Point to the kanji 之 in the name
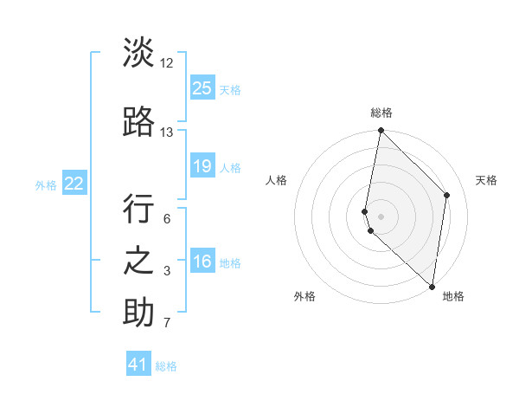point(138,261)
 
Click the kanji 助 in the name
point(138,313)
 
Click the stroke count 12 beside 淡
point(167,62)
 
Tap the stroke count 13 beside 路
point(167,132)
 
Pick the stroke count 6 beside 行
point(167,219)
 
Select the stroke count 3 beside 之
point(167,271)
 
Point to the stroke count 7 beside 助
point(167,324)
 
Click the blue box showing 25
point(202,88)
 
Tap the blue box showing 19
point(202,166)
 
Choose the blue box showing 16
point(202,262)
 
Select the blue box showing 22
point(74,184)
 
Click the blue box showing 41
point(138,365)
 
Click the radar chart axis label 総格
point(381,113)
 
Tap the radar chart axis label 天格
point(486,180)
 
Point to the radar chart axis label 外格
point(304,296)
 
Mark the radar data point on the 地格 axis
point(432,287)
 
